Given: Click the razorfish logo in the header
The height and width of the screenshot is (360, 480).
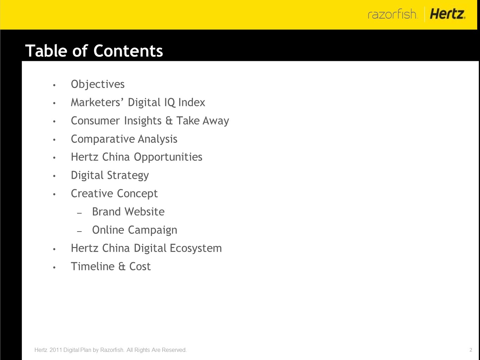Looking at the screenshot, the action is pos(392,14).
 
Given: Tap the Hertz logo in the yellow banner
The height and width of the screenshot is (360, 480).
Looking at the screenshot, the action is pos(447,14).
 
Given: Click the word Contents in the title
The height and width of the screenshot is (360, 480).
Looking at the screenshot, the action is pos(128,51).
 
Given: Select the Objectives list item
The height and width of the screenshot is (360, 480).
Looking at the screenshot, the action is pos(98,84).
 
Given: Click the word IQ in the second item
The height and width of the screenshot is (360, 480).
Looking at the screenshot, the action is pos(170,102).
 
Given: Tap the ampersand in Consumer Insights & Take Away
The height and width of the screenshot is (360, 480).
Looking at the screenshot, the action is pos(169,121).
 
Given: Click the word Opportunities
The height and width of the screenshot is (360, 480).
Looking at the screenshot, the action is pos(168,157).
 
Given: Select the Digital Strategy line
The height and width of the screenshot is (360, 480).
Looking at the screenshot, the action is pos(110,176).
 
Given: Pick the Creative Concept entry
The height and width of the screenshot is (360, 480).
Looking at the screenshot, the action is pos(114,194).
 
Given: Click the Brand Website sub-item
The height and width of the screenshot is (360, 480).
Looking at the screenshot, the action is pos(128,212).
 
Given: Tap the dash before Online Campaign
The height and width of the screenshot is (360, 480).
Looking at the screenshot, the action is pos(80,231).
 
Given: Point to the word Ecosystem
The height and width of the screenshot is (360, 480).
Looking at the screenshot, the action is pos(196,248).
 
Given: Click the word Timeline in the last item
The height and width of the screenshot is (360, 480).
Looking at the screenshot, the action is pos(93,266).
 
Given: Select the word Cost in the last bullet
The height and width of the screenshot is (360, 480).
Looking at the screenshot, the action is pos(140,267).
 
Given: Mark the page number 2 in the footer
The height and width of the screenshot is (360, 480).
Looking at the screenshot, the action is pos(470,350).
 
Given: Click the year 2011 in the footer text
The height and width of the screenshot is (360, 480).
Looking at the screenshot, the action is pos(56,350).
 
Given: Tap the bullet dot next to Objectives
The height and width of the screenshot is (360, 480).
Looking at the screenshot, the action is pos(54,85).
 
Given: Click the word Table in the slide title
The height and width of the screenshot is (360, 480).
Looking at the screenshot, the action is pos(46,51).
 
